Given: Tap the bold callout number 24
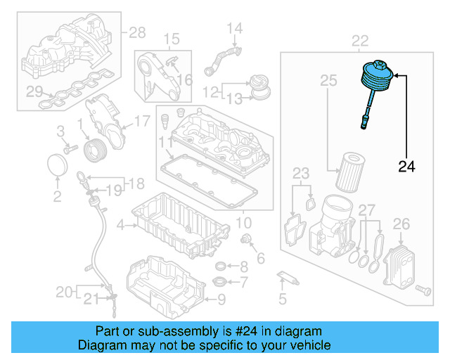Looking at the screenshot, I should [x=406, y=167].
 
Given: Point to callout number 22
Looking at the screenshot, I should [x=360, y=41].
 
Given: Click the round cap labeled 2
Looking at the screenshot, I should [x=58, y=168].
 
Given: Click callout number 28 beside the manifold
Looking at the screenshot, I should [x=136, y=32].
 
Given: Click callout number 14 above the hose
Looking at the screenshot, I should [x=234, y=29].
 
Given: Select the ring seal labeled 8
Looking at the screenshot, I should [x=220, y=266].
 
